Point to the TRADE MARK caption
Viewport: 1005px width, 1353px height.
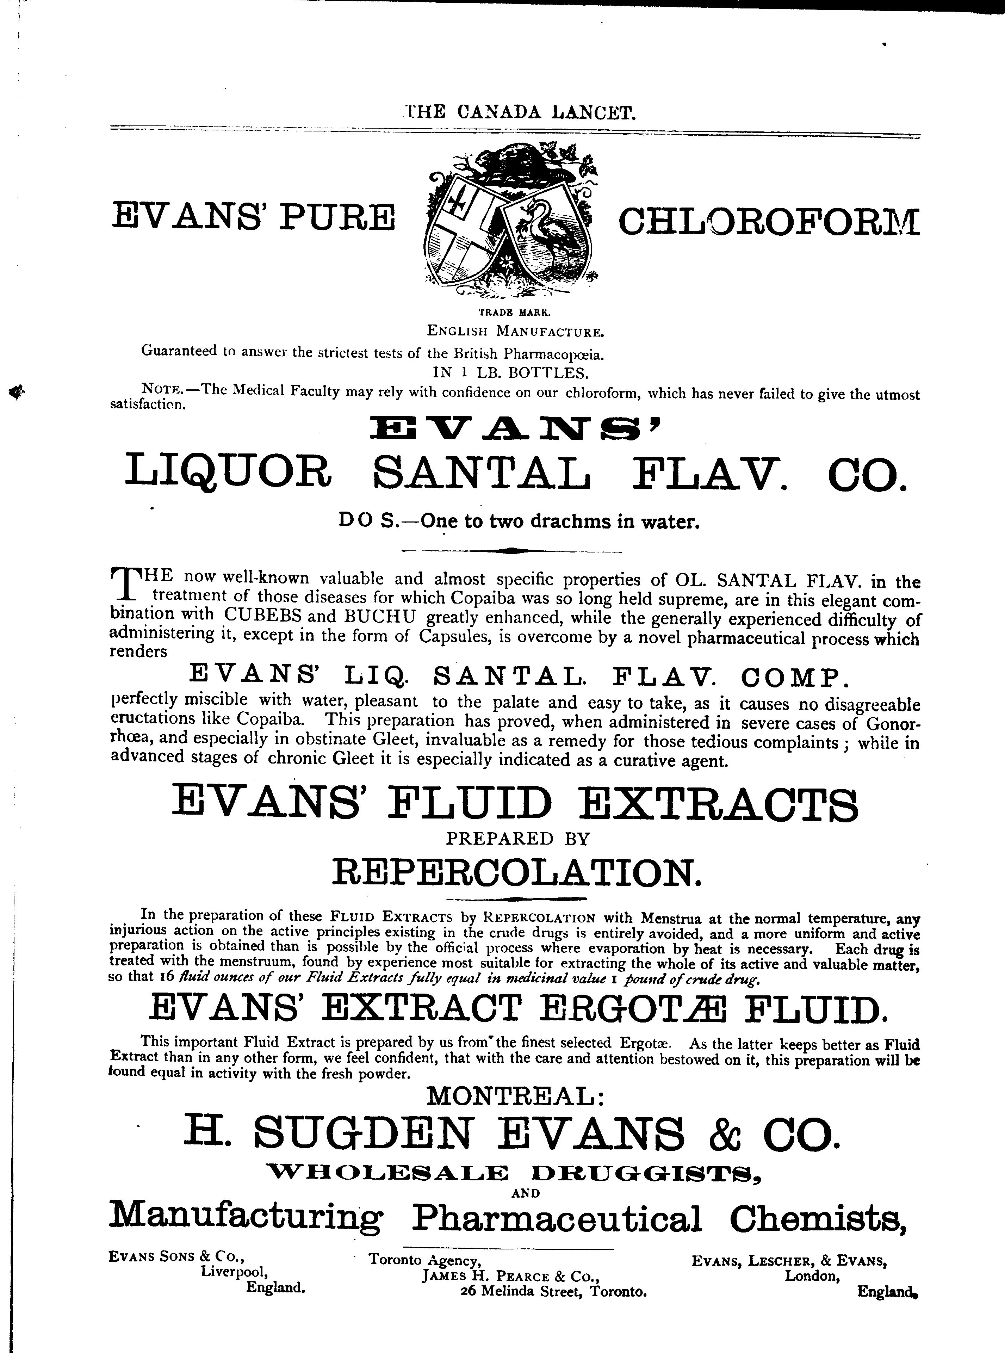(x=514, y=313)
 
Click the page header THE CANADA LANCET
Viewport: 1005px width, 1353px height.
(x=521, y=112)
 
